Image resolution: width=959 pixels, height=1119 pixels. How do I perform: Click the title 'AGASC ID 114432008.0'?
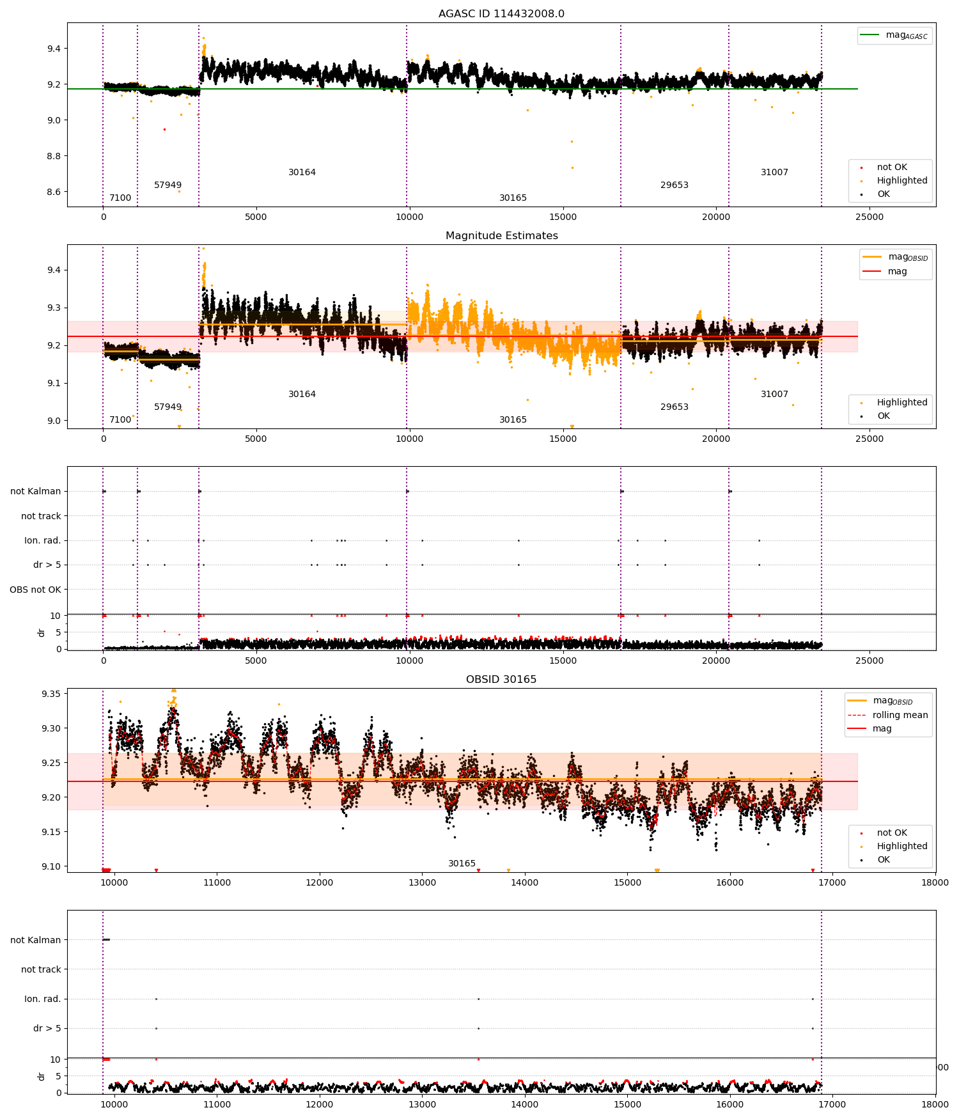point(501,13)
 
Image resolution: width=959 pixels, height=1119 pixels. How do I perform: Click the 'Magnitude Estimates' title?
point(501,235)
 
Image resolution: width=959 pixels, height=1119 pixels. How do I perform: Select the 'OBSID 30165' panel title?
point(501,679)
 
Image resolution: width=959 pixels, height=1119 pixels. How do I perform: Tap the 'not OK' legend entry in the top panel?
point(891,167)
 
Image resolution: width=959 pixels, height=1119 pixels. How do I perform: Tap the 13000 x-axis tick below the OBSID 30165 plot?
point(422,882)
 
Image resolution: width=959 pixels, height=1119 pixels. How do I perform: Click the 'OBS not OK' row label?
point(36,590)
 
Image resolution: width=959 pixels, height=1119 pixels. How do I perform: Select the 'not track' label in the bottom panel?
point(41,969)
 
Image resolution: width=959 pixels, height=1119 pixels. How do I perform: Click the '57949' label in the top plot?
point(168,185)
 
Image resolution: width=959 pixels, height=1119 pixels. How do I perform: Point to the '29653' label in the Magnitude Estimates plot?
point(674,407)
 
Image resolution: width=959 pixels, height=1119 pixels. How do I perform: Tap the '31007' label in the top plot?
point(774,172)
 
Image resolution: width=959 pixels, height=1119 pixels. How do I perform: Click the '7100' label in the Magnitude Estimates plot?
point(120,419)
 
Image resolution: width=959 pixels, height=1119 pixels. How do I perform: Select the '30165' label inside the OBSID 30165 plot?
point(462,863)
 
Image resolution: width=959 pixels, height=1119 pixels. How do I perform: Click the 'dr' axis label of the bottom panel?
point(41,1076)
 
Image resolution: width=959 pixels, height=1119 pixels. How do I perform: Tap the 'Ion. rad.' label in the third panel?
point(43,540)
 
